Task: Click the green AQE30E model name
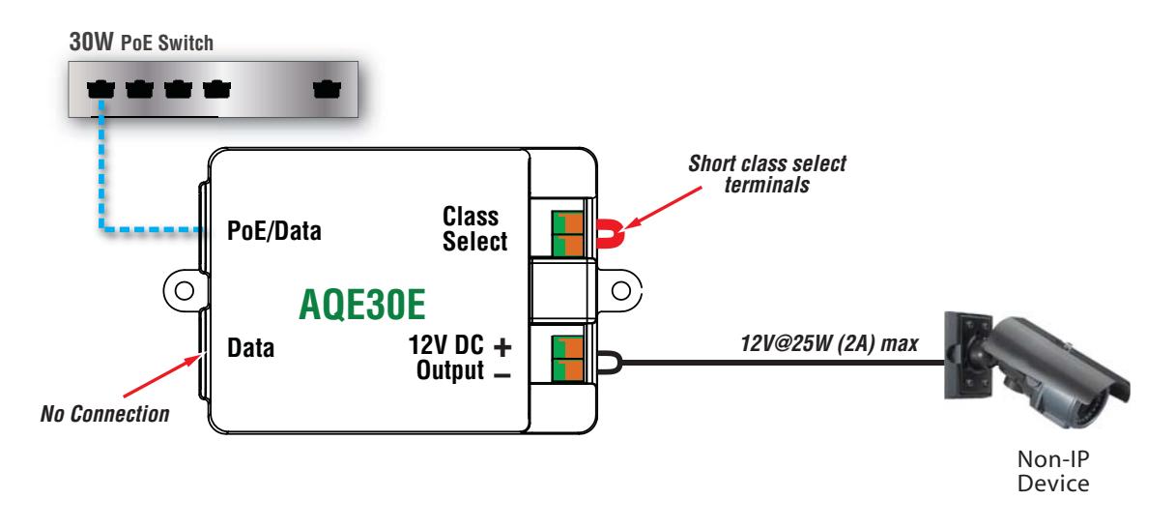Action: click(362, 304)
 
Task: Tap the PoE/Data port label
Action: click(273, 231)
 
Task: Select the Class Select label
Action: click(474, 229)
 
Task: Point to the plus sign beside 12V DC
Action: click(502, 347)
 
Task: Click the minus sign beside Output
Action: click(502, 374)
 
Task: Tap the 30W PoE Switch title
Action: click(141, 42)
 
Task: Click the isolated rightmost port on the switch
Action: click(327, 89)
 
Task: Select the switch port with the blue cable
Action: click(100, 89)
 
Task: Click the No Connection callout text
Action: click(105, 414)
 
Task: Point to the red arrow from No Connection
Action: click(162, 376)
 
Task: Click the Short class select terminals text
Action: click(767, 174)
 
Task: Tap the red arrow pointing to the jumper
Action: click(663, 208)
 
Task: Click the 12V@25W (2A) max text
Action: click(829, 343)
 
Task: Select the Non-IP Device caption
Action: click(1053, 471)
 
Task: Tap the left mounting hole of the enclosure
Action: click(185, 290)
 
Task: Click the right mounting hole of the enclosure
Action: click(621, 290)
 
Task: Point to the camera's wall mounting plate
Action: click(968, 356)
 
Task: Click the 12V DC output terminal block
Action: click(567, 359)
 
